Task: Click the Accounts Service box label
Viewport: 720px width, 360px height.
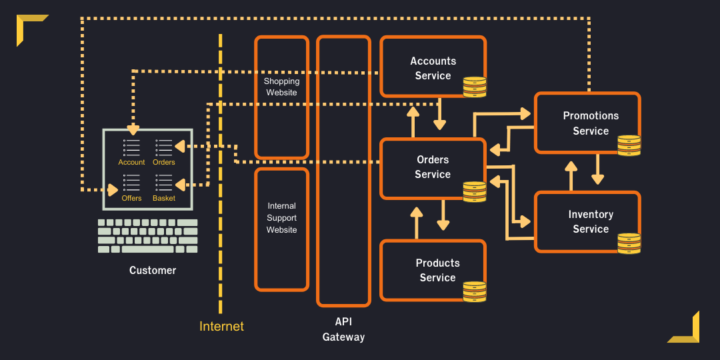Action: (x=433, y=68)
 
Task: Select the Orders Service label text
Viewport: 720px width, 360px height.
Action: (x=433, y=167)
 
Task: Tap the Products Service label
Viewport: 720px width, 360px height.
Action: (x=437, y=270)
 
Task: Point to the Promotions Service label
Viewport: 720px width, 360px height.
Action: (x=591, y=123)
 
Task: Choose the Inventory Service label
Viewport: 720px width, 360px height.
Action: (x=591, y=221)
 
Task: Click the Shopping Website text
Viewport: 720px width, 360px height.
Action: (x=281, y=87)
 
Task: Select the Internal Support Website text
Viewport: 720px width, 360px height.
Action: (x=281, y=218)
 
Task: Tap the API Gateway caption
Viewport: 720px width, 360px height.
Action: (x=343, y=329)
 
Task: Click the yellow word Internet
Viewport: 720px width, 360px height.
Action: (x=221, y=326)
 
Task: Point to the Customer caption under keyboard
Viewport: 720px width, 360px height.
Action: (x=153, y=270)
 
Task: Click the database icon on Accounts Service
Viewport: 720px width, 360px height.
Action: (x=475, y=87)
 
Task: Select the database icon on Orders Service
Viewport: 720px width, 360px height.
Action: (x=475, y=191)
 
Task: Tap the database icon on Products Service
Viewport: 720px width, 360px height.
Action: (x=475, y=291)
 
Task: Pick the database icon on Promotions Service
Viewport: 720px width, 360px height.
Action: (x=629, y=145)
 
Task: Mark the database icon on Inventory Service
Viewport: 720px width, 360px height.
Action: (x=629, y=243)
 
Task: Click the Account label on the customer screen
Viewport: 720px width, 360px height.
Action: (x=131, y=162)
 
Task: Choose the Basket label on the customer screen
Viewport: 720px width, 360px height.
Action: (x=164, y=198)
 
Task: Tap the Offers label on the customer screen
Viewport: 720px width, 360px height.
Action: (x=131, y=198)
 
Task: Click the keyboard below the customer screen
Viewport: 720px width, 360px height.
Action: (x=147, y=236)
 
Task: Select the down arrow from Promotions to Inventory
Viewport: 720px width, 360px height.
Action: (x=597, y=169)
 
